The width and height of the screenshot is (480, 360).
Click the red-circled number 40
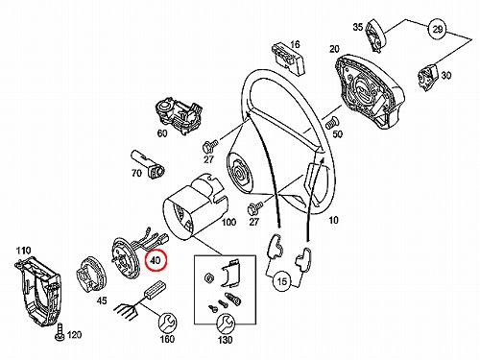[x=156, y=260]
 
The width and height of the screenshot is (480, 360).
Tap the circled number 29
[x=438, y=30]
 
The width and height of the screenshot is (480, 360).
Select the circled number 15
[x=282, y=281]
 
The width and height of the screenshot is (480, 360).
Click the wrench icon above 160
[x=168, y=323]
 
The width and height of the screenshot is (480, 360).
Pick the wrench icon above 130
[x=226, y=324]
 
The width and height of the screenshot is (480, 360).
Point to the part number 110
[x=23, y=251]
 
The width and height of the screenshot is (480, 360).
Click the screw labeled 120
[x=60, y=332]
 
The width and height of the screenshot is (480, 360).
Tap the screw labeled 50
[x=331, y=123]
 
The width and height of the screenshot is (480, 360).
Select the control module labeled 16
[x=287, y=60]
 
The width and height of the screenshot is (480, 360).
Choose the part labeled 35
[x=375, y=35]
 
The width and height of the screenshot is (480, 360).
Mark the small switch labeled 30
[x=427, y=78]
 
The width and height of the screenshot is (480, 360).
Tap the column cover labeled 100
[x=195, y=204]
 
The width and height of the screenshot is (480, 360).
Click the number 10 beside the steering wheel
[x=333, y=220]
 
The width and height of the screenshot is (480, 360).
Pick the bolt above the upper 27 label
[x=209, y=146]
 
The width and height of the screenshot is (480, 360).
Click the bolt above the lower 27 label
[x=255, y=208]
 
